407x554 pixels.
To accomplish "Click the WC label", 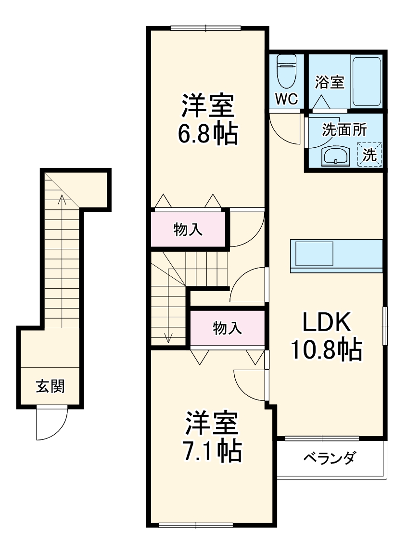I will (x=287, y=99).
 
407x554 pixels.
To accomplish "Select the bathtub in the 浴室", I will (x=367, y=81).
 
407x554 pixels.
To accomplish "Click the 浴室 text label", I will (x=330, y=82).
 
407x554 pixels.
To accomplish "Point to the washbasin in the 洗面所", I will (x=334, y=156).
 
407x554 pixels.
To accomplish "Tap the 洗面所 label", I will (x=344, y=130).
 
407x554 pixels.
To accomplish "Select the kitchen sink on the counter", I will (x=314, y=253).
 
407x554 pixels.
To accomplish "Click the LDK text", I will (x=326, y=323).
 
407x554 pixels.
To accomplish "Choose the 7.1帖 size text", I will (x=211, y=451).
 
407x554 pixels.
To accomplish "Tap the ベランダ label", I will (x=329, y=458).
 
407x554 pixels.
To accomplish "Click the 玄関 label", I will (x=50, y=386).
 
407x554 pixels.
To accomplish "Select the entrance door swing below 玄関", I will (x=51, y=424).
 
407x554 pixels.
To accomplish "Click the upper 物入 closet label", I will (x=188, y=230).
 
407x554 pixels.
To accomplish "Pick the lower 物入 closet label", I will (x=227, y=329).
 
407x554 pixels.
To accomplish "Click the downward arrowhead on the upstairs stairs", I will (x=168, y=338).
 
